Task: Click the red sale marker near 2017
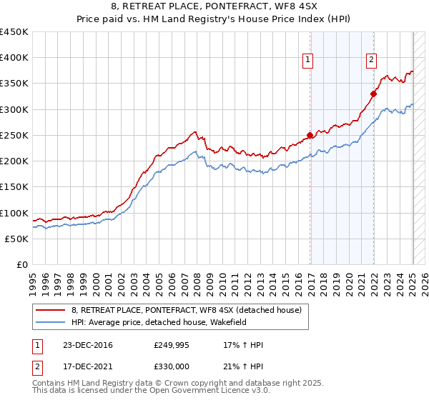pos(310,135)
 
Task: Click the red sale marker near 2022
pos(373,94)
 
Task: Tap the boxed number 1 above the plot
pos(308,61)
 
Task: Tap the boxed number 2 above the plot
pos(372,61)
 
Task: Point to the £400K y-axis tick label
pos(14,58)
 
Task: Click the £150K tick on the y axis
pos(14,187)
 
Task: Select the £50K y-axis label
pos(17,239)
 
